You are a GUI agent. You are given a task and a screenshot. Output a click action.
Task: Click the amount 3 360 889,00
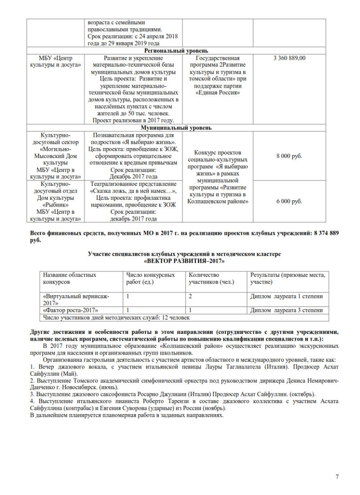point(289,58)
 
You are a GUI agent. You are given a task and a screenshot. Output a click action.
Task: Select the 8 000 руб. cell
point(289,156)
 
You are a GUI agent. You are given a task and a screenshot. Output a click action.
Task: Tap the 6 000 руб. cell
point(289,202)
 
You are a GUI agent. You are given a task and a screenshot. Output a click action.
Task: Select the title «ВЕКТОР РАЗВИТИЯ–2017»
point(184,261)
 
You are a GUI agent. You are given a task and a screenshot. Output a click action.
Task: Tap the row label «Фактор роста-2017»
point(71,310)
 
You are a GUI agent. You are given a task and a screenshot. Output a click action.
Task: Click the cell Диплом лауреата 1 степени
point(286,297)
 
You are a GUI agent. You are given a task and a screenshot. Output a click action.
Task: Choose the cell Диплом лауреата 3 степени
point(286,310)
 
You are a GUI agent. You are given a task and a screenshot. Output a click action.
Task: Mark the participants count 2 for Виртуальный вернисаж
point(191,297)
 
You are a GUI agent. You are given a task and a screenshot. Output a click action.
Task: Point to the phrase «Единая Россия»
point(218,92)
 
